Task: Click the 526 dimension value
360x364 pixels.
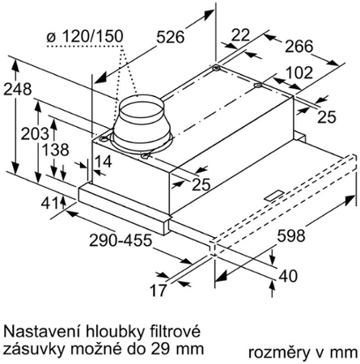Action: coord(171,37)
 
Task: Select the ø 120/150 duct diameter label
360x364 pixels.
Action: coord(85,36)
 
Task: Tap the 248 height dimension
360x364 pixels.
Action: coord(17,89)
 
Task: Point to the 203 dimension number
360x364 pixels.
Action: coord(35,133)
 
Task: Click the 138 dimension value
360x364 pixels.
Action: coord(56,150)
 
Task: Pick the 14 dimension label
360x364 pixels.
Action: coord(104,162)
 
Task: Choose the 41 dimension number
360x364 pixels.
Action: coord(49,204)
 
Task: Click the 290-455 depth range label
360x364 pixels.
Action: coord(121,240)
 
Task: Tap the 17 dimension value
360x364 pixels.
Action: coord(158,290)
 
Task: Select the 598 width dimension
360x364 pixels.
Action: coord(291,235)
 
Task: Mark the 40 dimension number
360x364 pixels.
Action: coord(288,276)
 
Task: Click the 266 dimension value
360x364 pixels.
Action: coord(299,46)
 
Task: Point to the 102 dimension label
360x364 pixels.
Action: coord(299,73)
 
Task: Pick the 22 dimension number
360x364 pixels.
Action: coord(241,35)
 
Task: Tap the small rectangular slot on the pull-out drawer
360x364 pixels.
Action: coord(274,196)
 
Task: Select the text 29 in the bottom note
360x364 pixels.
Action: coord(159,349)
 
